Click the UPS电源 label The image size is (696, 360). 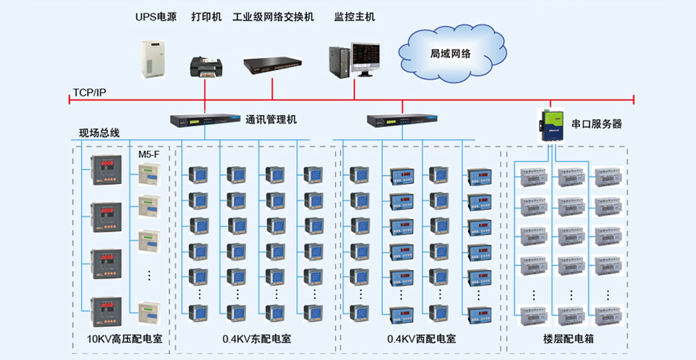click(156, 17)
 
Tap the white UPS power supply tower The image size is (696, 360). click(153, 59)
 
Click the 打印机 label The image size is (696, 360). click(206, 17)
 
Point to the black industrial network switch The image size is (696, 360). click(273, 65)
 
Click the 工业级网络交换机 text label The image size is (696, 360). click(273, 17)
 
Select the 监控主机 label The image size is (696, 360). click(354, 17)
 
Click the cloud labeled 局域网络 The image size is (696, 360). click(452, 54)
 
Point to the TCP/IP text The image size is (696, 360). click(89, 92)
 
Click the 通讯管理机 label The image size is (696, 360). click(271, 120)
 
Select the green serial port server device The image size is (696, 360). click(551, 126)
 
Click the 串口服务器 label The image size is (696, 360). click(596, 124)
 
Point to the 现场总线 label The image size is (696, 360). click(99, 133)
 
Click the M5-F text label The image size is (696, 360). click(148, 154)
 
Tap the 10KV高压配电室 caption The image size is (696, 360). click(124, 340)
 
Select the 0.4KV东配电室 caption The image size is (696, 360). click(257, 340)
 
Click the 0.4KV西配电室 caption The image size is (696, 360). click(421, 340)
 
